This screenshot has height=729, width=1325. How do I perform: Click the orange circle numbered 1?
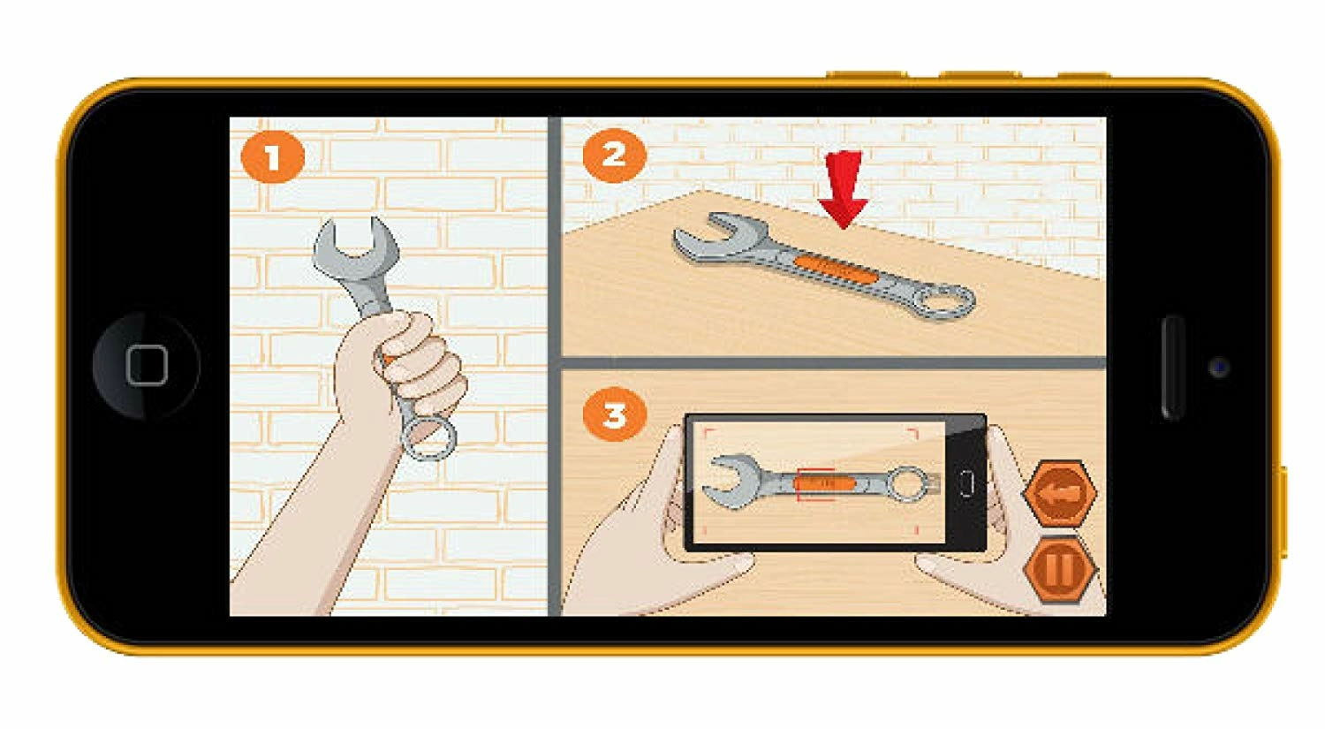273,156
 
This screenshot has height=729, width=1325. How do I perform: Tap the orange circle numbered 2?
614,156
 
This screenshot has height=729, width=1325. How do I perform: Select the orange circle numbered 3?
614,414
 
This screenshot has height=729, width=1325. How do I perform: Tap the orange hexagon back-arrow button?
1060,493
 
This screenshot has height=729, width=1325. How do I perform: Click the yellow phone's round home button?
146,366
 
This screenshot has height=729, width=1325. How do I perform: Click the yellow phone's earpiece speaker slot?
1172,368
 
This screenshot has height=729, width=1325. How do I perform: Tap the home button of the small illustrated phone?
966,483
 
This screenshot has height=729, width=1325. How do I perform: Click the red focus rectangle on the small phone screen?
816,484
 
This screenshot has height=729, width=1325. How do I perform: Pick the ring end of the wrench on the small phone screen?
910,483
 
